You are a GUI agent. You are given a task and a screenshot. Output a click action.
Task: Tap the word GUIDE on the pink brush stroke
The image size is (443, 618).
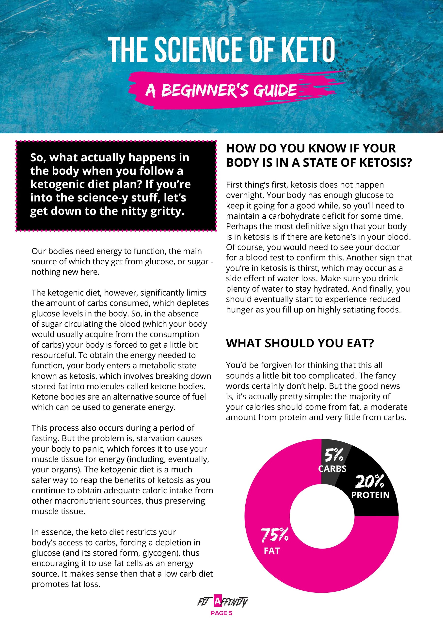pos(275,90)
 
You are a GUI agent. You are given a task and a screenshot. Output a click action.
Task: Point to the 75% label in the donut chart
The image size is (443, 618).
pos(275,535)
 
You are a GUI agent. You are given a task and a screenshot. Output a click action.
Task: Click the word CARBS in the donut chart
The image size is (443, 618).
pos(332,469)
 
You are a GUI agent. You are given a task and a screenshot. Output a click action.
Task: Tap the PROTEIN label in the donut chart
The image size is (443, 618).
pos(370,495)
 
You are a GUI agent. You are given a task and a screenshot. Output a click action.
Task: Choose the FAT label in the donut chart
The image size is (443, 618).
pos(271,551)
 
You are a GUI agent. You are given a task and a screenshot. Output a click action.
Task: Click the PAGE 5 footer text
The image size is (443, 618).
pos(221,613)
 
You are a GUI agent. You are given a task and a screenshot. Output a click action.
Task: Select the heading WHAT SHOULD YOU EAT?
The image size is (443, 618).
pos(300,343)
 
